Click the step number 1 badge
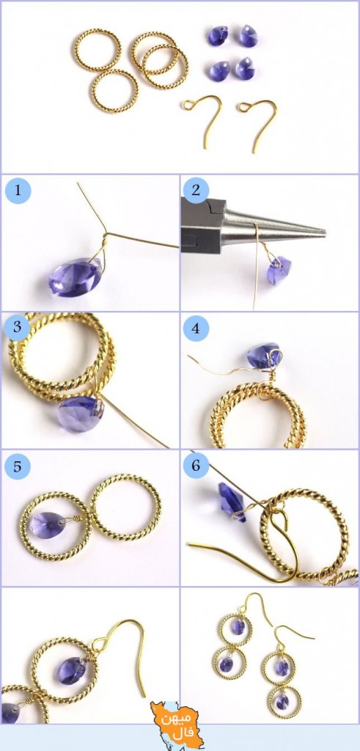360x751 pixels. point(18,191)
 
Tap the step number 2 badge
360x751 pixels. point(195,191)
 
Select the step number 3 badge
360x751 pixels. point(17,328)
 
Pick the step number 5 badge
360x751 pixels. point(18,466)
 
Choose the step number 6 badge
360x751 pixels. point(196,466)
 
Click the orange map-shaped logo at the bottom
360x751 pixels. point(173,723)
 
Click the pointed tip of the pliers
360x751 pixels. point(325,233)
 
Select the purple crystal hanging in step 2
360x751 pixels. point(279,270)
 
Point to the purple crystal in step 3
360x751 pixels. point(80,414)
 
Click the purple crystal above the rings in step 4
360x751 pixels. point(264,355)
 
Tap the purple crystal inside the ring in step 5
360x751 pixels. point(48,525)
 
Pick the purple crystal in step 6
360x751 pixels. point(232,502)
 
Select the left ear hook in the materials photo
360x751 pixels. point(202,120)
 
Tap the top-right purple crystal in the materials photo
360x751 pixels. point(249,36)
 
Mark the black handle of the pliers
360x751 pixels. point(203,226)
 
